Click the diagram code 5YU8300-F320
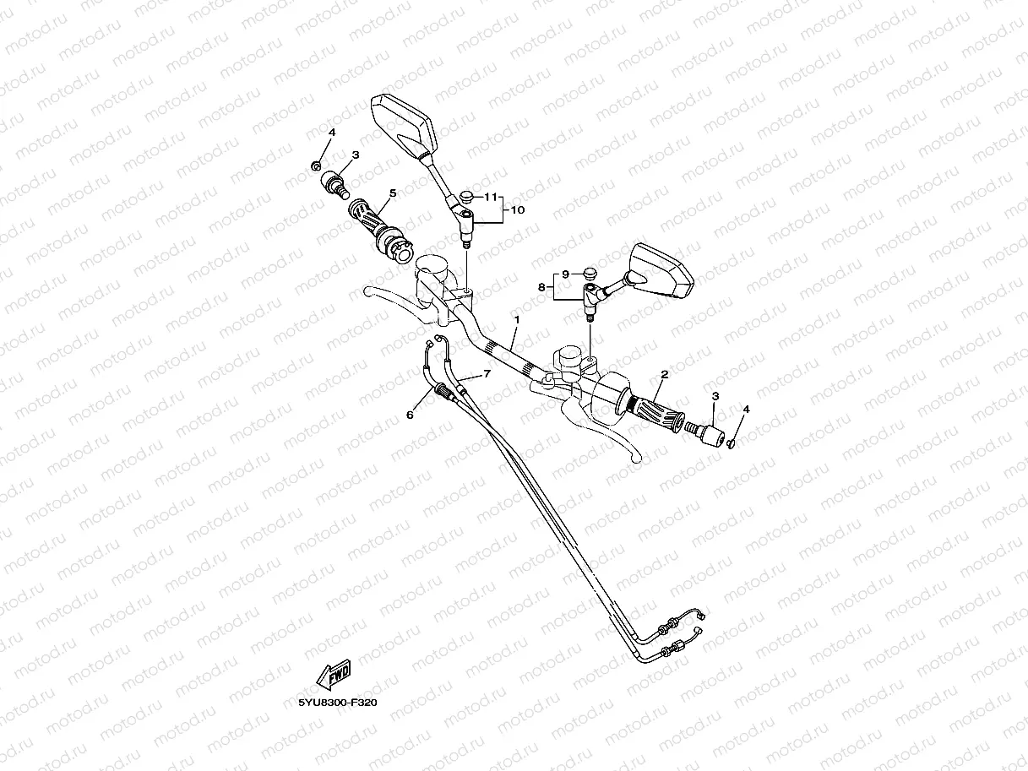click(x=337, y=702)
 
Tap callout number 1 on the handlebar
click(x=517, y=320)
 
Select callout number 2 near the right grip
click(x=665, y=373)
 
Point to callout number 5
click(x=393, y=193)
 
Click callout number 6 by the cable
click(x=411, y=415)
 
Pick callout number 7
click(x=487, y=373)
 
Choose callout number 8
click(x=541, y=287)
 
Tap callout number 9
click(x=566, y=274)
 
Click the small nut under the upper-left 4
click(x=316, y=164)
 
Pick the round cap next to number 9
click(x=589, y=273)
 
